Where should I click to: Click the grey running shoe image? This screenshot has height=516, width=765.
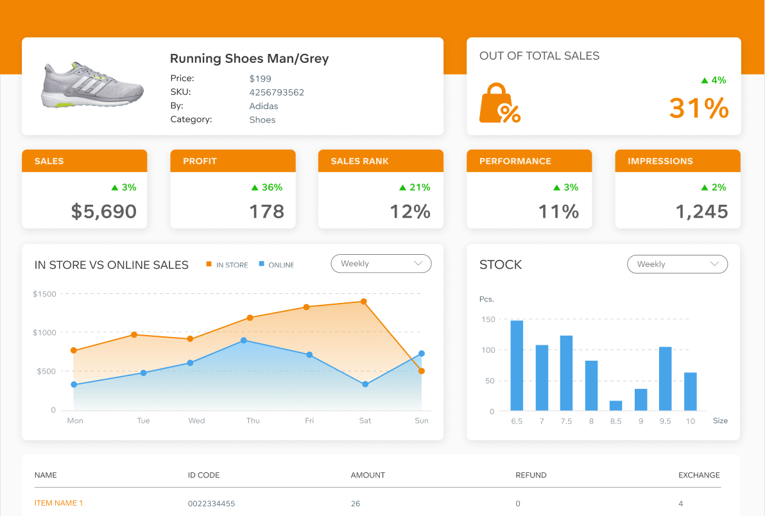coord(92,85)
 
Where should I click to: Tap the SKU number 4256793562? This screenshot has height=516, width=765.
coord(277,92)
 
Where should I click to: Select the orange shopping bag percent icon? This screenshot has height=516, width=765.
coord(499,103)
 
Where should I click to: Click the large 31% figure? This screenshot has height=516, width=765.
coord(698,108)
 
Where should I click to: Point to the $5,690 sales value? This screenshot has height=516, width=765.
coord(103,211)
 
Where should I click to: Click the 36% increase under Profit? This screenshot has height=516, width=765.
coord(267,187)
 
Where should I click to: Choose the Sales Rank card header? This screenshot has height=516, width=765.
coord(381,161)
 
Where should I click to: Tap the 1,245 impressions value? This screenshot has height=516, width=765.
coord(701,211)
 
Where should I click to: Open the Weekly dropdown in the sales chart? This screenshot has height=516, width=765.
coord(381,264)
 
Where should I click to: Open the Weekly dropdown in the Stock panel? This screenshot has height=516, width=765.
coord(677,264)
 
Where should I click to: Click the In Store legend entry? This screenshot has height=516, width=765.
coord(227,265)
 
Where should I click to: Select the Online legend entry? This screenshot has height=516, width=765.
coord(276,265)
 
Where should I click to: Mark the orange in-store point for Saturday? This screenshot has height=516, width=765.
coord(364,302)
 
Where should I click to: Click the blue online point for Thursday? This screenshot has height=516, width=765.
coord(244,341)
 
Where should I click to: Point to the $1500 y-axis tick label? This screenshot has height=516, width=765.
coord(44,294)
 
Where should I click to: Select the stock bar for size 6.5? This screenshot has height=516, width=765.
coord(517,365)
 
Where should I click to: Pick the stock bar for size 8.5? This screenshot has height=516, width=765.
coord(616,406)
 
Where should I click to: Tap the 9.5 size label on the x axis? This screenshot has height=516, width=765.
coord(665,421)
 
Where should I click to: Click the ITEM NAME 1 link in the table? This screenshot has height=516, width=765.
coord(58,503)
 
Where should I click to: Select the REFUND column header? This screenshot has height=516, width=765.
coord(531,476)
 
